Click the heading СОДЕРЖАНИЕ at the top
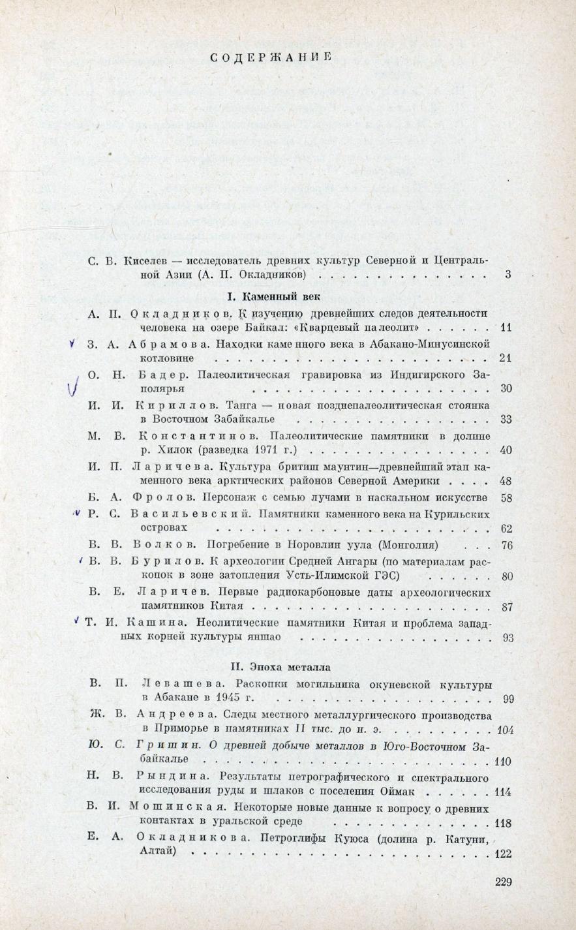(x=272, y=57)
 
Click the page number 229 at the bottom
(x=503, y=882)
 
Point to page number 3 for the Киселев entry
(x=508, y=275)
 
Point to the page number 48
(x=506, y=482)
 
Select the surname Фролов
(x=161, y=498)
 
